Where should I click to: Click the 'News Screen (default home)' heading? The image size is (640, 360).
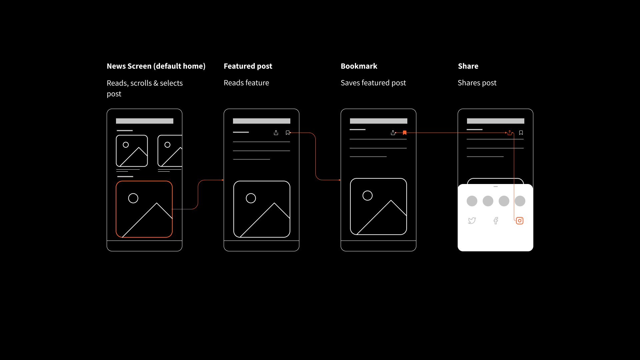tap(156, 66)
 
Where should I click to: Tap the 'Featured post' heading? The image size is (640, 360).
tap(248, 66)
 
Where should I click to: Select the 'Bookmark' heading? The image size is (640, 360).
tap(359, 66)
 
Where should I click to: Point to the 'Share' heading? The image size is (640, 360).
tap(468, 66)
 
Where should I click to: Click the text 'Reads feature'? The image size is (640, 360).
tap(246, 83)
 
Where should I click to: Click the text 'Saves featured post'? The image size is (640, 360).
tap(373, 83)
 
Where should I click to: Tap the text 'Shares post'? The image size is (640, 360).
tap(477, 83)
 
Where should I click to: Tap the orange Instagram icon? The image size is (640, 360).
tap(520, 221)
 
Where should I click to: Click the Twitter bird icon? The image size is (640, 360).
tap(472, 221)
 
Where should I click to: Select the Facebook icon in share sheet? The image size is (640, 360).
tap(496, 221)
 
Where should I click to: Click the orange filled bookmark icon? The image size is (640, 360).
tap(405, 133)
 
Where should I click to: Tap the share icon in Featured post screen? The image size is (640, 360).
tap(276, 133)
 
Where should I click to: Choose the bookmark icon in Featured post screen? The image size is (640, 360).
tap(288, 133)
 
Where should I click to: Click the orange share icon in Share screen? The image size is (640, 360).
tap(510, 133)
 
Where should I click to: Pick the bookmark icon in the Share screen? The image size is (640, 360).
tap(521, 133)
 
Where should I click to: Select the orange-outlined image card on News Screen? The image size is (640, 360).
tap(144, 209)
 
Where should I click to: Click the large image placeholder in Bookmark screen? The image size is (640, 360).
tap(378, 207)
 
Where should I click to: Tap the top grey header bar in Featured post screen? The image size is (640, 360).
tap(262, 121)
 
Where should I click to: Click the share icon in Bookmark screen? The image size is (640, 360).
tap(393, 133)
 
